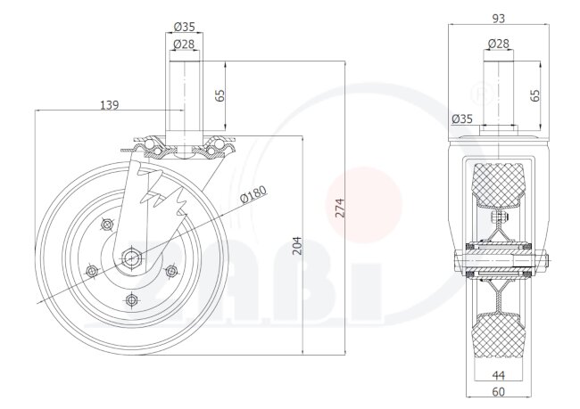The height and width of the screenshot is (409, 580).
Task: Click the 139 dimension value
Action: tap(110, 105)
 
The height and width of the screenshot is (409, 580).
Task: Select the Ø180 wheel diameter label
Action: tap(253, 194)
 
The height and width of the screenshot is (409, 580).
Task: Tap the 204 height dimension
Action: tap(297, 246)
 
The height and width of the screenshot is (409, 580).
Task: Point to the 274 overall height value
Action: tap(340, 208)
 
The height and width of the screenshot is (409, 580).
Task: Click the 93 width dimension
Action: tap(499, 19)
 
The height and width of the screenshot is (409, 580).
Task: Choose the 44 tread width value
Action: tap(499, 375)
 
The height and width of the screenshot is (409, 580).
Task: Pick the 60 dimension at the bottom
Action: tap(499, 392)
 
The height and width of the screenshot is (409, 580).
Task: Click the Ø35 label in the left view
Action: tap(184, 27)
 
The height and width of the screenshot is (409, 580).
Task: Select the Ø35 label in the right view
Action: tap(462, 119)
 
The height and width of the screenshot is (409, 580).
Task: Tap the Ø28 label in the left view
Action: tap(184, 45)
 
